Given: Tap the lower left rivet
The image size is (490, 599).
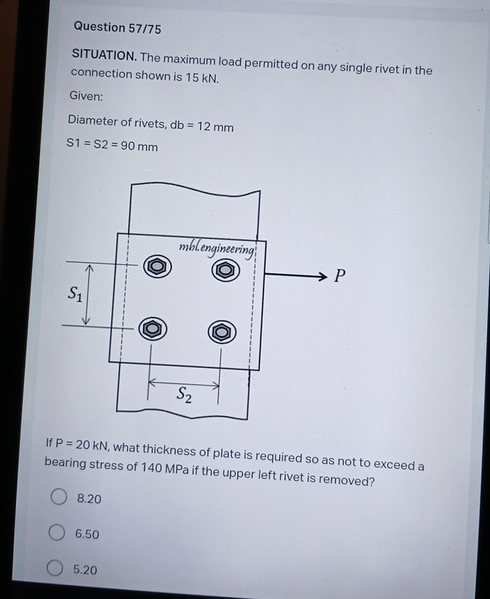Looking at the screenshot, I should click(x=154, y=328).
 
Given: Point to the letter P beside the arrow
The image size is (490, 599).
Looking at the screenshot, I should click(x=338, y=276).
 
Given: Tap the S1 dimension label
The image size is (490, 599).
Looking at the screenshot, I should click(x=74, y=294).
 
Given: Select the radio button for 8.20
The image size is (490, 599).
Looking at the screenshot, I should click(x=59, y=497).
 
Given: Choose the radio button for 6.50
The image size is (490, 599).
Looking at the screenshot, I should click(x=57, y=533).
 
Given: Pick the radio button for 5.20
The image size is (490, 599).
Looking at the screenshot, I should click(x=56, y=569).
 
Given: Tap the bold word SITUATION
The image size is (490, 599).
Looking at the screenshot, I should click(x=104, y=56).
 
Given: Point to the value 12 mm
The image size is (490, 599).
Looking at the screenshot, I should click(x=215, y=127).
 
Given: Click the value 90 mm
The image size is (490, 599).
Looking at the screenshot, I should click(x=139, y=147).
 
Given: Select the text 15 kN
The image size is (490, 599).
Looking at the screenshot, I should click(x=201, y=77).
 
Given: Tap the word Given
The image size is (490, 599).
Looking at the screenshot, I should click(x=86, y=95).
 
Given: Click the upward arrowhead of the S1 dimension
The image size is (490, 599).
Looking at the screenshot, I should click(x=89, y=268).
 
